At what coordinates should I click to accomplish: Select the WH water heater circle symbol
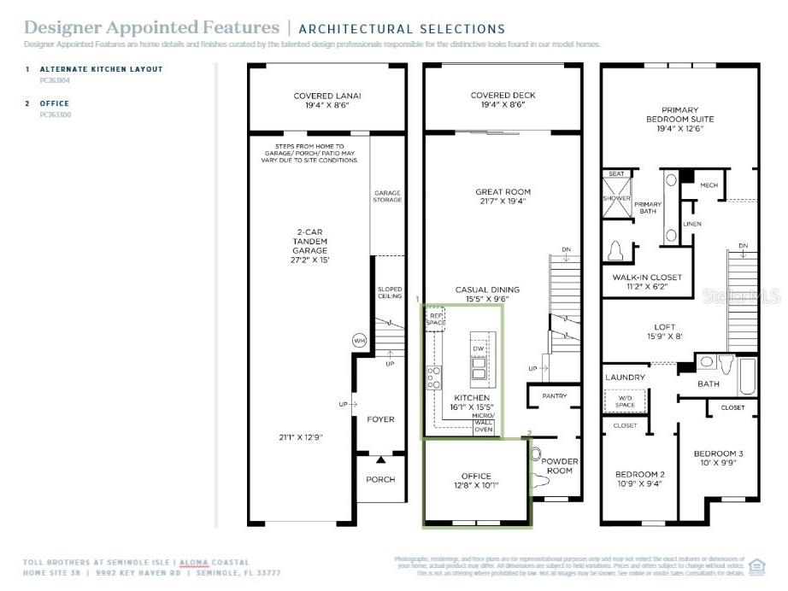click(x=359, y=340)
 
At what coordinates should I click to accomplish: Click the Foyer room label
click(x=381, y=419)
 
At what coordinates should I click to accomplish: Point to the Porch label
click(x=381, y=479)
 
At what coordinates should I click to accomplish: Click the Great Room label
click(x=503, y=192)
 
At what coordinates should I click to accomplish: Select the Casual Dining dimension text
click(x=487, y=300)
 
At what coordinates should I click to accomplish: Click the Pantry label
click(x=554, y=396)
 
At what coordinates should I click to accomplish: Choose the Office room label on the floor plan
click(x=476, y=476)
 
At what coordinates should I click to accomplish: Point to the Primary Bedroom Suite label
click(x=679, y=114)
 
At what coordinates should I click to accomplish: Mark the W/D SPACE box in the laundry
click(x=626, y=400)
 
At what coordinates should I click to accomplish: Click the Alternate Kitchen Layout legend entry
click(x=100, y=69)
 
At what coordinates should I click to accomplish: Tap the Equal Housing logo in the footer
click(x=756, y=565)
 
